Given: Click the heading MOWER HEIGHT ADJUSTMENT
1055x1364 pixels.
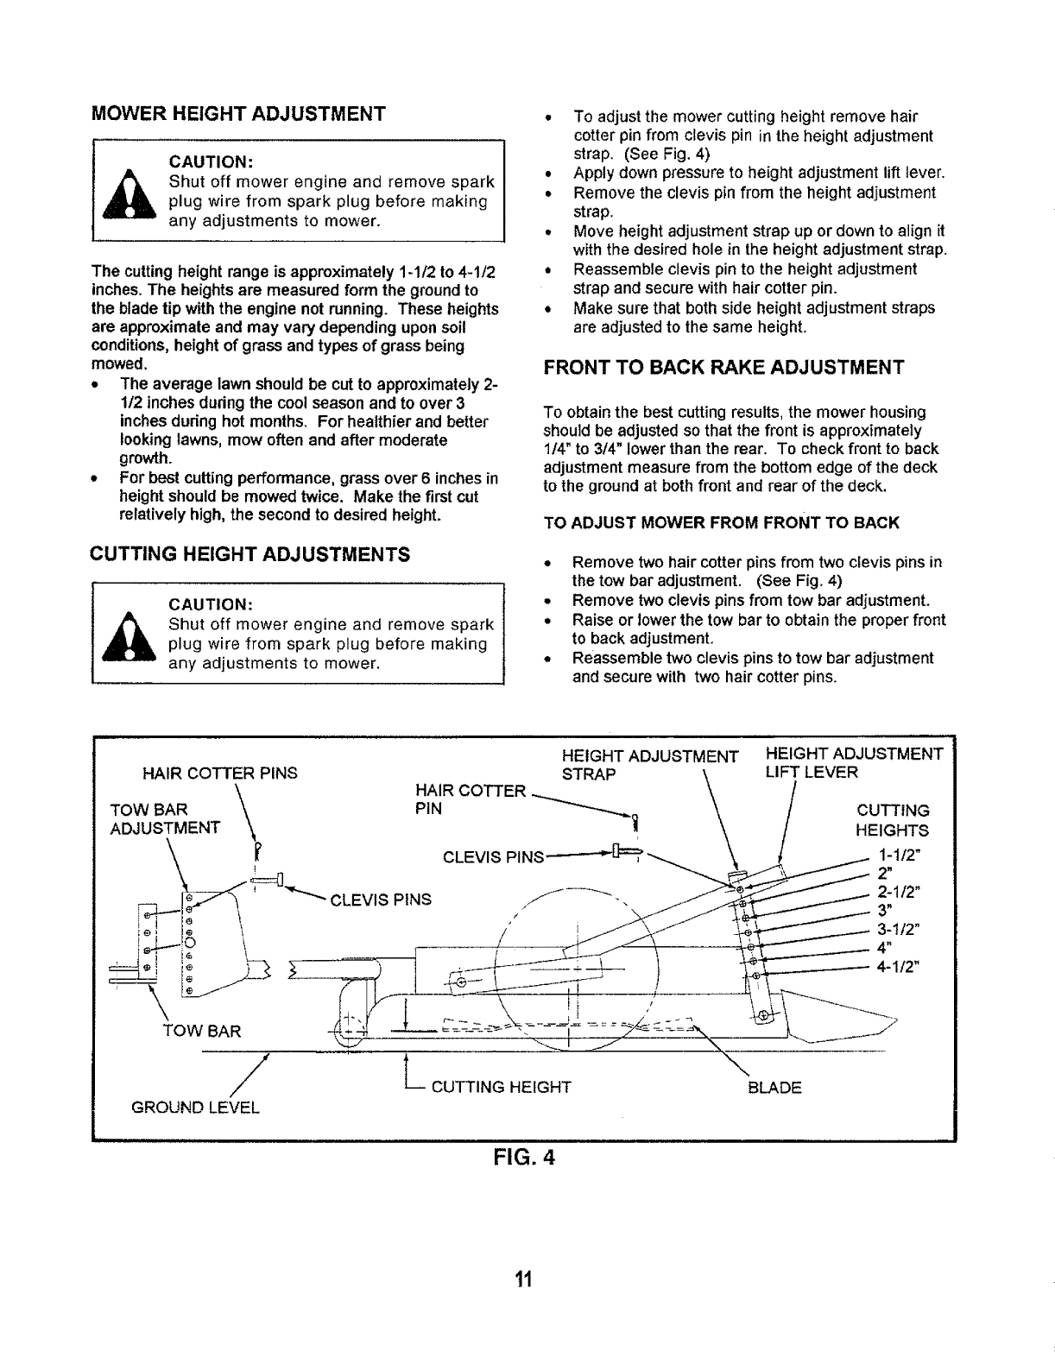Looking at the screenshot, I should (238, 113).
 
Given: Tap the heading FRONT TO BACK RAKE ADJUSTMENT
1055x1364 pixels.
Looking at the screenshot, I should (723, 367).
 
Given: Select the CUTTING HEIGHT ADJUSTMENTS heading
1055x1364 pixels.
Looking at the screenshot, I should (250, 553).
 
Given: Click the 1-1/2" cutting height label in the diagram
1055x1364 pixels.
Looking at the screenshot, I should (899, 859).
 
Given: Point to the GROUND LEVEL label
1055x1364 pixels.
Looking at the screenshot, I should (195, 1107).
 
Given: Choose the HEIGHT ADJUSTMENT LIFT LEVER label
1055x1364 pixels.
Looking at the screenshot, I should (854, 763).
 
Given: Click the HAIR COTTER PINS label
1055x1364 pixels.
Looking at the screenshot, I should (219, 774).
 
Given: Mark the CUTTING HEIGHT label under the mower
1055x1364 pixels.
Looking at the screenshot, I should (501, 1087).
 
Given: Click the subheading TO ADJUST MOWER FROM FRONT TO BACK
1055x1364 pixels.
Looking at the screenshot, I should (722, 523).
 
